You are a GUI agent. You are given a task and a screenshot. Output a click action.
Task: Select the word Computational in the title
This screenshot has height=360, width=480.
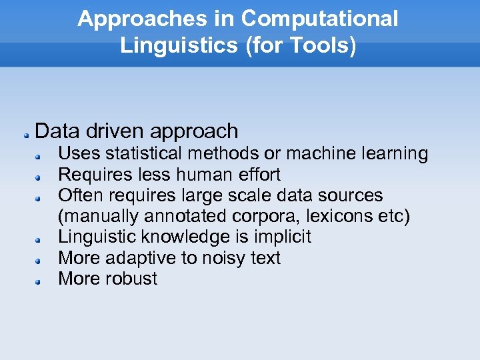point(320,19)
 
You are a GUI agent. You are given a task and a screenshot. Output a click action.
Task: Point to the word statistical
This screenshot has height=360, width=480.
point(147,154)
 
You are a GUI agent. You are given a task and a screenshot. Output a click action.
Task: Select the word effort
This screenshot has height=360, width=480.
point(257,175)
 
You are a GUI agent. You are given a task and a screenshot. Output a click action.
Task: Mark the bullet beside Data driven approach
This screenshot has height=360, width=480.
point(23,134)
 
